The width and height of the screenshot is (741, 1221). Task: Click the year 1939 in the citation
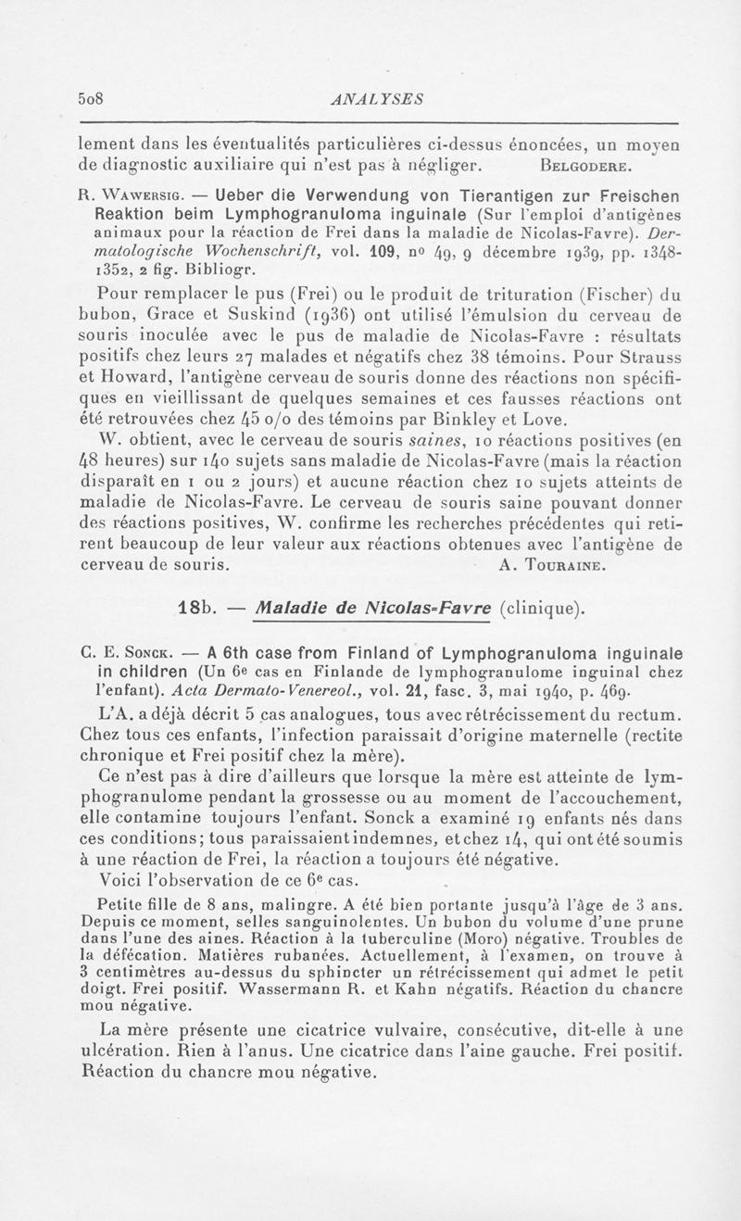coord(515,253)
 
